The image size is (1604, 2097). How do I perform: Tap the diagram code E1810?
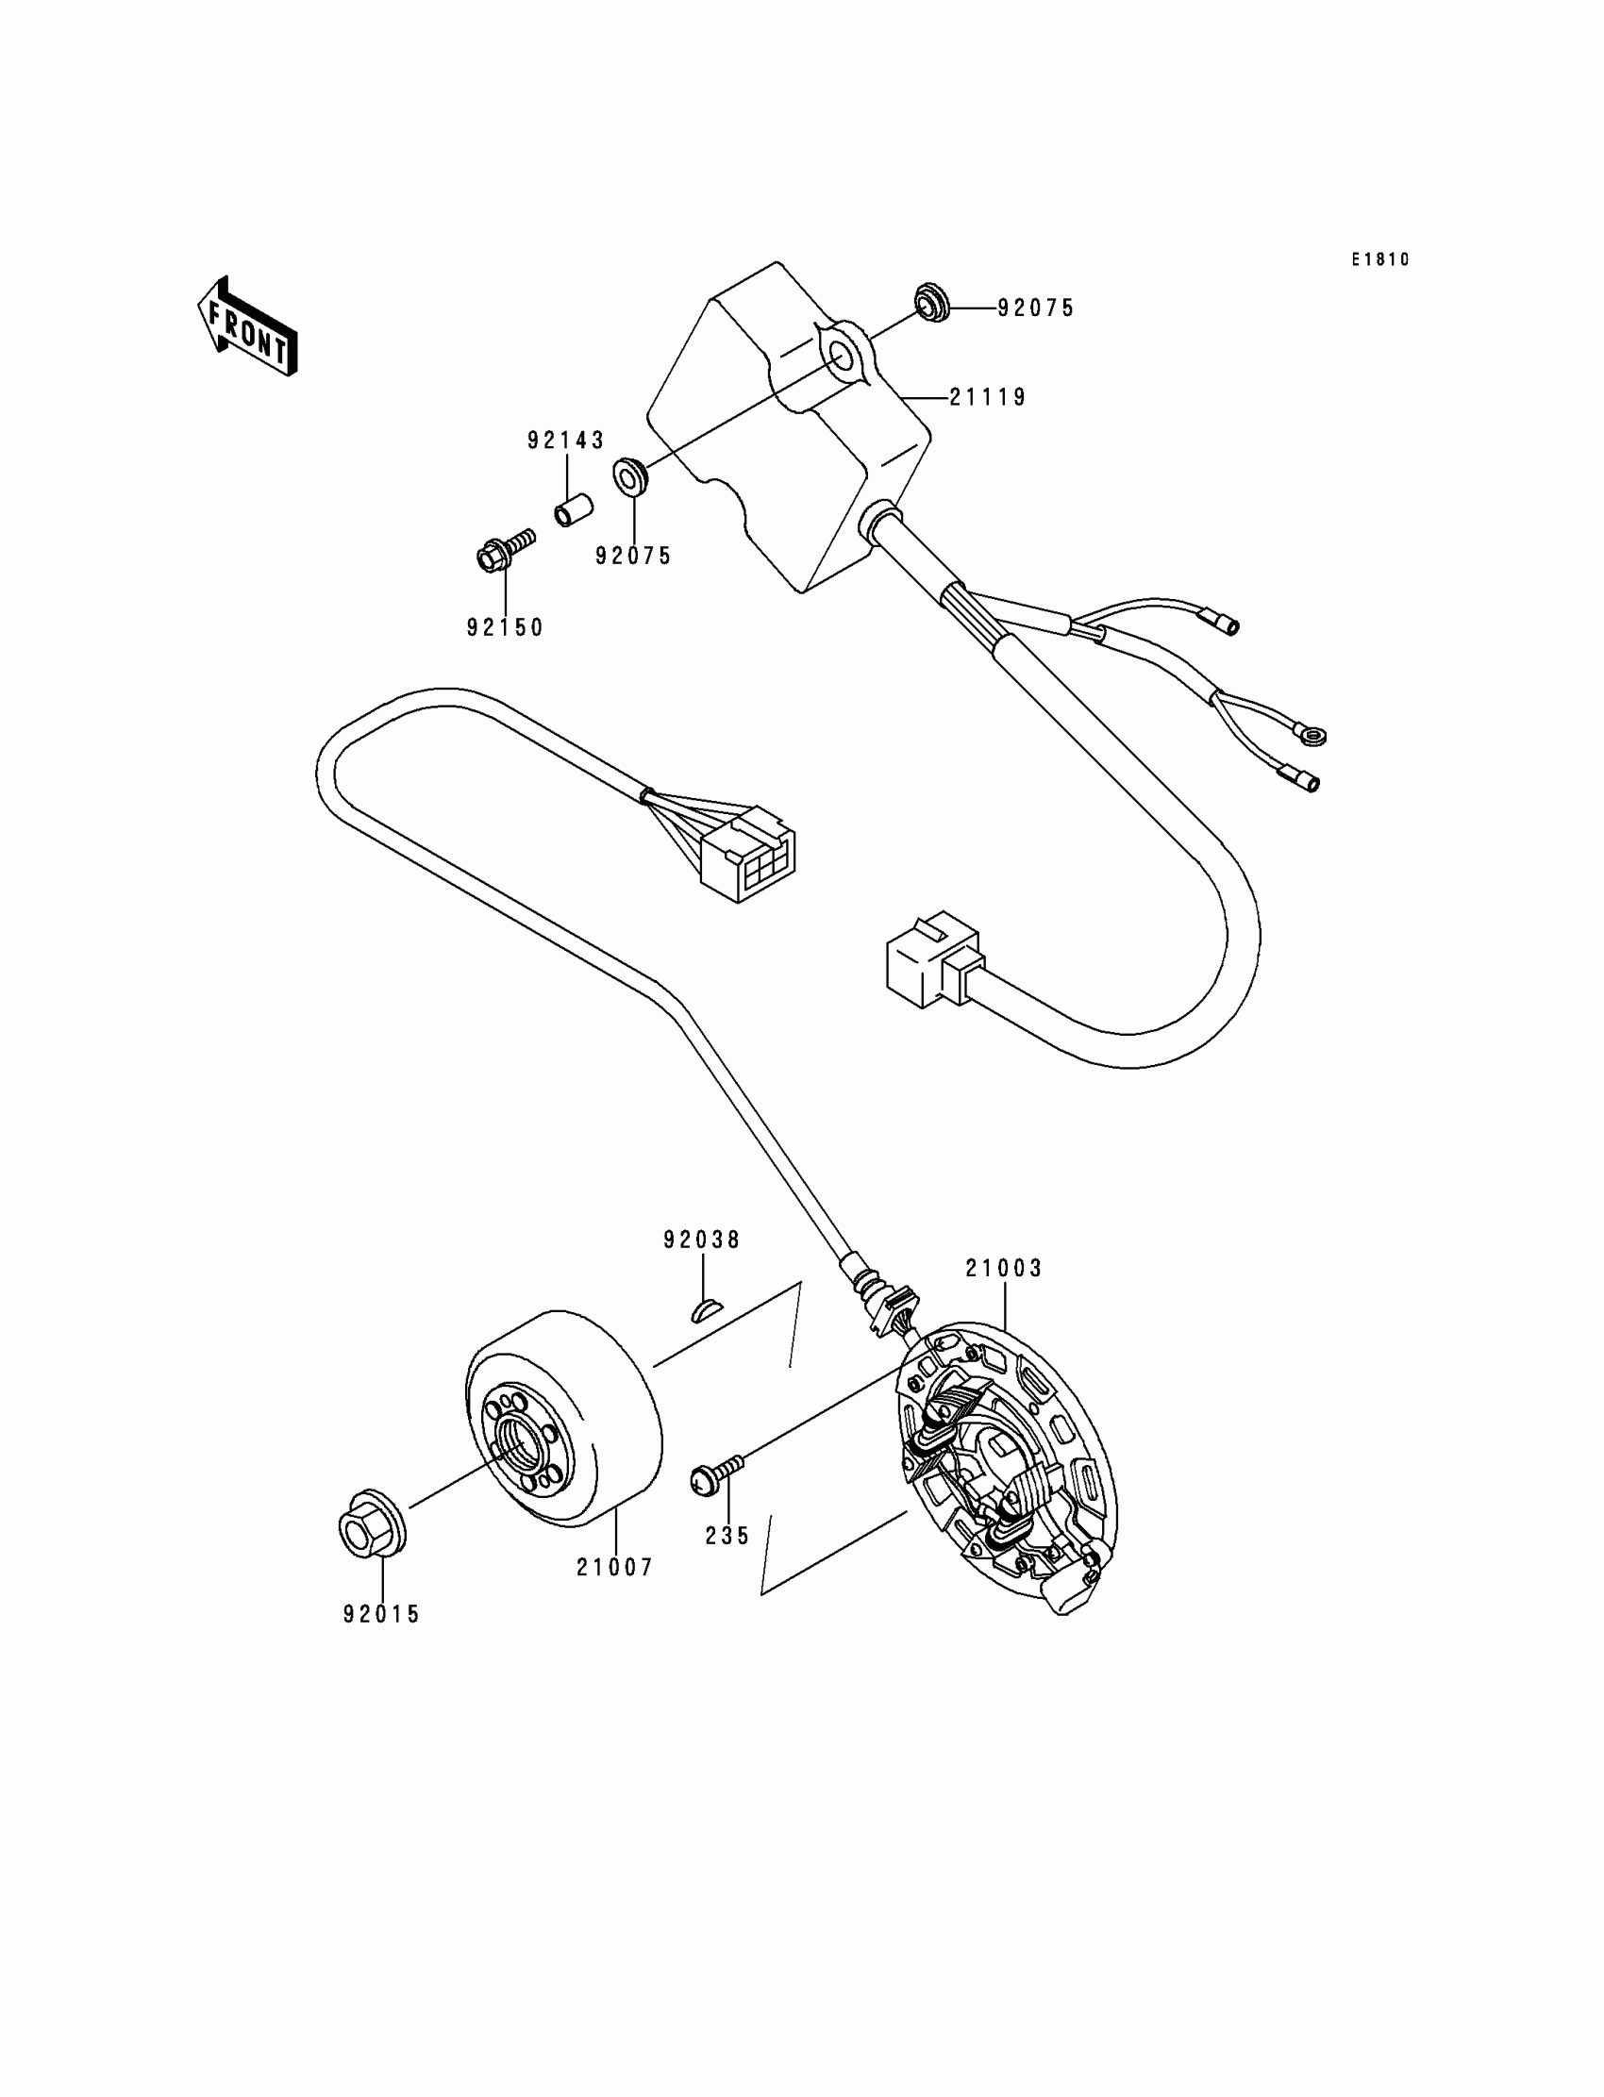point(1379,259)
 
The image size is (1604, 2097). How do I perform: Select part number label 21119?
point(987,397)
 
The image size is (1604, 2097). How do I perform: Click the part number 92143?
point(566,440)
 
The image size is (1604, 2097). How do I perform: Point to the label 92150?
point(505,627)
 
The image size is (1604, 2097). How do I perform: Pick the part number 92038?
point(702,1240)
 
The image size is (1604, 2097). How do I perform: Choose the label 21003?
point(1004,1269)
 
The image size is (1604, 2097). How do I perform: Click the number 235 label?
point(727,1536)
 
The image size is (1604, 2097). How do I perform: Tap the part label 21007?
point(615,1567)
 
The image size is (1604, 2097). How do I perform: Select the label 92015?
point(382,1614)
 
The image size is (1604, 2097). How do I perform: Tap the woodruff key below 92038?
point(708,1311)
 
